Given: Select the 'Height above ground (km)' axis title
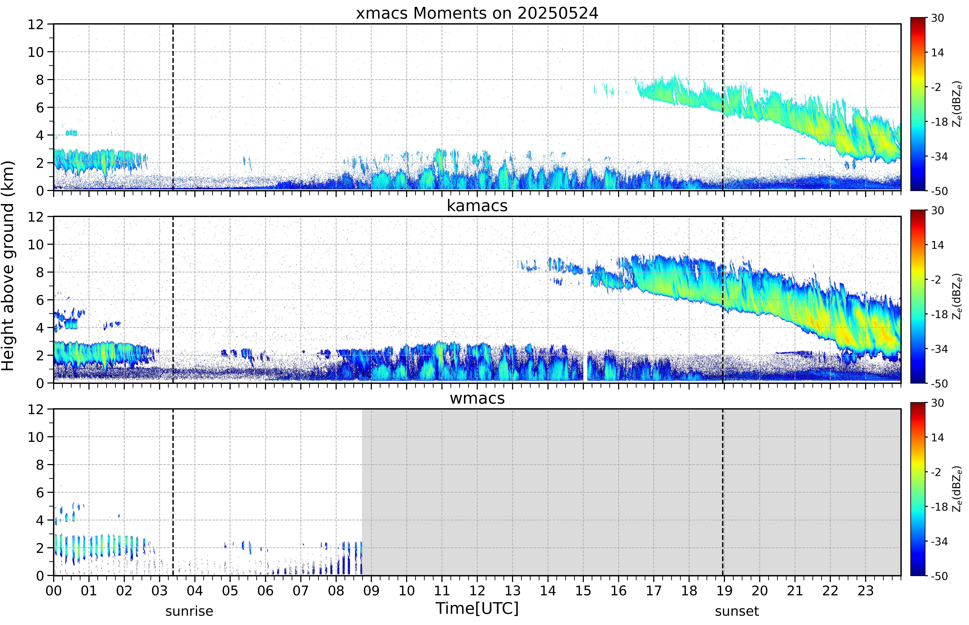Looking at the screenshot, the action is tap(8, 266).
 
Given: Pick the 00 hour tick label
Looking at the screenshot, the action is tap(54, 590).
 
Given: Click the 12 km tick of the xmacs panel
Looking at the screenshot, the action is tap(36, 24).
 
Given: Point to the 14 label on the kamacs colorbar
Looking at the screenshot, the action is tap(937, 245).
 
